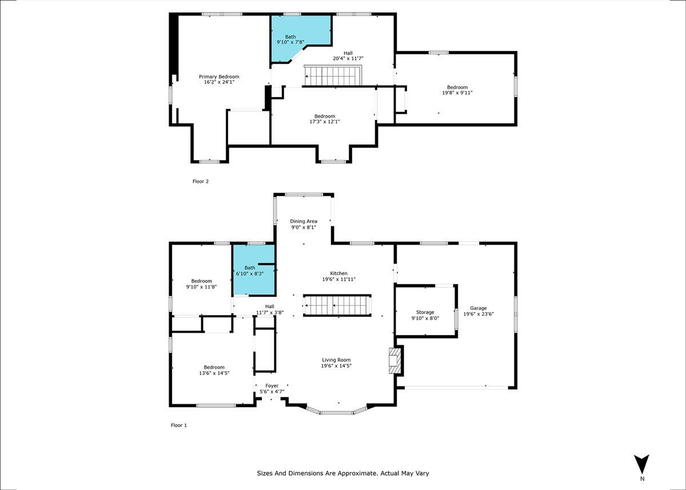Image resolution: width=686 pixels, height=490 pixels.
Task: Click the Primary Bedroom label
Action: pyautogui.click(x=219, y=77)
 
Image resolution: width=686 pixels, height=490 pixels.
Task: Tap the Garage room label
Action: pyautogui.click(x=478, y=308)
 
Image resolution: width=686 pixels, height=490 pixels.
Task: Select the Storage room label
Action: pyautogui.click(x=425, y=312)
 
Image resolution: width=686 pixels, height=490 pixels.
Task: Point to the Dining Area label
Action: pyautogui.click(x=304, y=221)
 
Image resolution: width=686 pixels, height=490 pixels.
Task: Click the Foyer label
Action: pyautogui.click(x=272, y=385)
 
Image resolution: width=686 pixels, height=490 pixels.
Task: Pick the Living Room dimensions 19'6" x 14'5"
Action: pyautogui.click(x=336, y=366)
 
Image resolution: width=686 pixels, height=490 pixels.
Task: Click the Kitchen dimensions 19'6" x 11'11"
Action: pyautogui.click(x=338, y=279)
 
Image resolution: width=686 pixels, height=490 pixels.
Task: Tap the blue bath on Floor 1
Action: pyautogui.click(x=254, y=270)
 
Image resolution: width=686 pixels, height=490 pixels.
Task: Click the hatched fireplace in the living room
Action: pyautogui.click(x=395, y=360)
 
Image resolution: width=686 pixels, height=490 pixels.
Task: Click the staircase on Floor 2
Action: pyautogui.click(x=333, y=75)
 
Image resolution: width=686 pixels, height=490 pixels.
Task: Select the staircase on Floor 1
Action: pyautogui.click(x=337, y=305)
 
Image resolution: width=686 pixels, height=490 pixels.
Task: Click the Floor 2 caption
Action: pyautogui.click(x=201, y=181)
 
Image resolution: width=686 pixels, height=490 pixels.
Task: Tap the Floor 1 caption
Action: pyautogui.click(x=179, y=425)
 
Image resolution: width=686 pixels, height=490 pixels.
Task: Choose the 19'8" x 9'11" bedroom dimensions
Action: pyautogui.click(x=457, y=93)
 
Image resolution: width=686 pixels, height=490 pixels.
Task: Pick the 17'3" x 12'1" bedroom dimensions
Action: pyautogui.click(x=325, y=122)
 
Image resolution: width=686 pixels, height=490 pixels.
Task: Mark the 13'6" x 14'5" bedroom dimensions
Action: pyautogui.click(x=214, y=373)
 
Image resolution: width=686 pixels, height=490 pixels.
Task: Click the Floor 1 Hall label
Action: pyautogui.click(x=270, y=306)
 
